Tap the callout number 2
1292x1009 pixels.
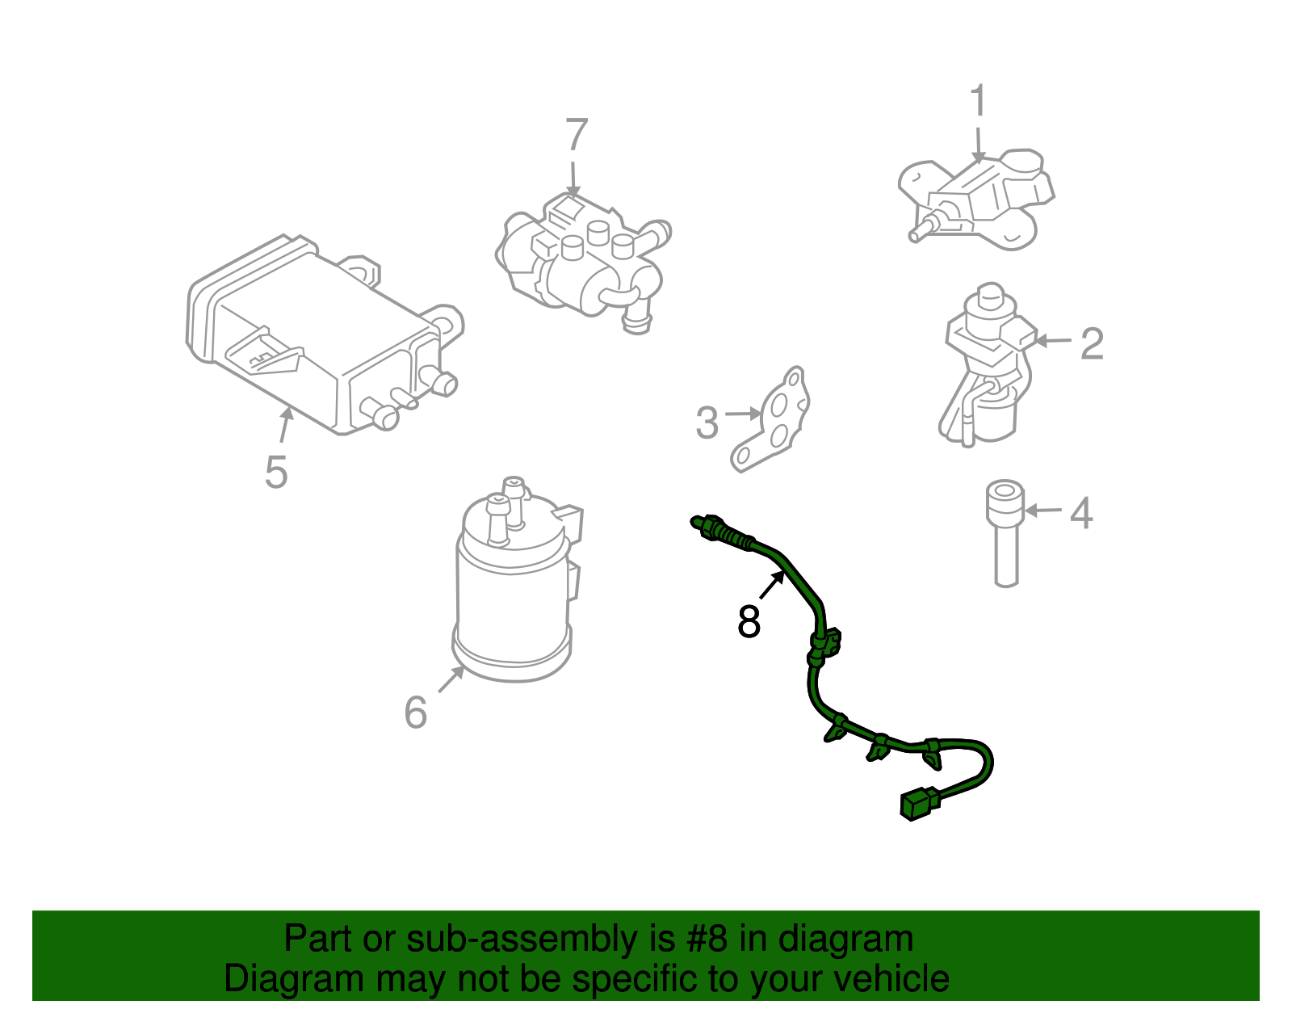pos(1092,344)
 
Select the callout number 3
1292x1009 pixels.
pos(707,423)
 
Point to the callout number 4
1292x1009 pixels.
pos(1081,514)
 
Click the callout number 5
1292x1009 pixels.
pos(275,473)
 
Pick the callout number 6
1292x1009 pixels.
pos(415,713)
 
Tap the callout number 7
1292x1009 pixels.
pos(576,135)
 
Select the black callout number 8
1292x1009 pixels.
pos(749,622)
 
